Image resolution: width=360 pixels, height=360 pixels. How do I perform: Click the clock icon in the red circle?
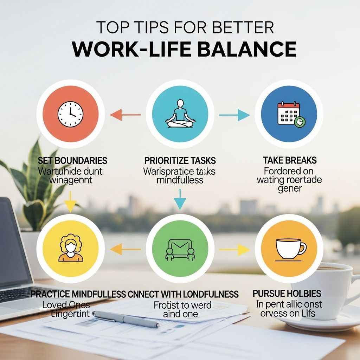click(70, 114)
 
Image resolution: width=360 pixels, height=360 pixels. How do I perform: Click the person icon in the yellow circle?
click(71, 248)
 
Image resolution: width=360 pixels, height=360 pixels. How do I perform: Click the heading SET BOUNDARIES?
click(72, 161)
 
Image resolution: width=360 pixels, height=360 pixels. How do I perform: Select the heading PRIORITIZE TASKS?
click(180, 161)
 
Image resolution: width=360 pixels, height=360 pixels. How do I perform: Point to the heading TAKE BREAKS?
click(290, 161)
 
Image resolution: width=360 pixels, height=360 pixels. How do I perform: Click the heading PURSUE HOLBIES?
click(287, 293)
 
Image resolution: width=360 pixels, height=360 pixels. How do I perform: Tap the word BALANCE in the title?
click(246, 49)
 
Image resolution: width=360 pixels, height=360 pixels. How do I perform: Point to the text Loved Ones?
click(66, 304)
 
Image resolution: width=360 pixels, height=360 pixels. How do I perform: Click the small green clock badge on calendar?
click(300, 122)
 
